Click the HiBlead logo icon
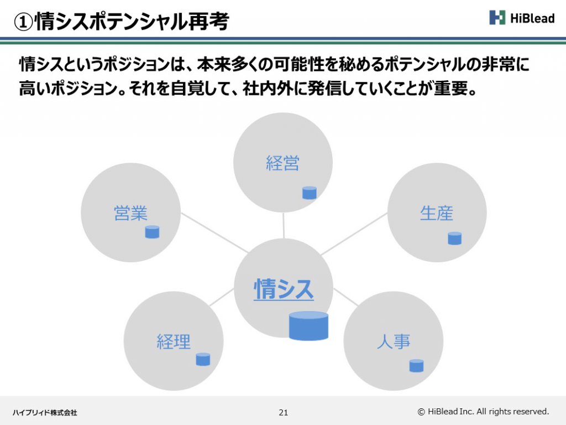(497, 17)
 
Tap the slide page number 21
(284, 412)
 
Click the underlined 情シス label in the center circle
(284, 289)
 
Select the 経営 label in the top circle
(282, 163)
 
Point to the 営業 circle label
(130, 213)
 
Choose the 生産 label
(437, 213)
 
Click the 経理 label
(174, 341)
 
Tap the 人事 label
(394, 341)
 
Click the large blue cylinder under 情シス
(308, 325)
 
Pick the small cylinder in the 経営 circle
(310, 193)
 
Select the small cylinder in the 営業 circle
(152, 232)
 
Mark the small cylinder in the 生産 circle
(454, 238)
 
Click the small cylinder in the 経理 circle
(203, 359)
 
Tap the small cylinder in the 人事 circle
(416, 365)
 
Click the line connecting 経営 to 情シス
(284, 226)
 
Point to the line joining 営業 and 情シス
(215, 233)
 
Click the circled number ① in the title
(23, 22)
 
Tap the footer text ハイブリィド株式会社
(45, 412)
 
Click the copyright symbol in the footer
(421, 412)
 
